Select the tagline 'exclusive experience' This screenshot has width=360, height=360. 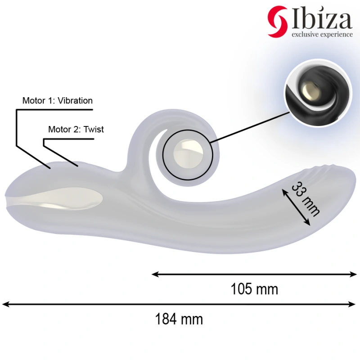[322, 34]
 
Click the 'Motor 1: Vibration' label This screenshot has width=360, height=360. [58, 101]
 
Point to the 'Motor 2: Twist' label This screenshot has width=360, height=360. [76, 130]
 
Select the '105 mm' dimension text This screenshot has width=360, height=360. [254, 289]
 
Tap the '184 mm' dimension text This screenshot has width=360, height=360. [179, 319]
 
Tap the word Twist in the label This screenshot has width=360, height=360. [94, 130]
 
